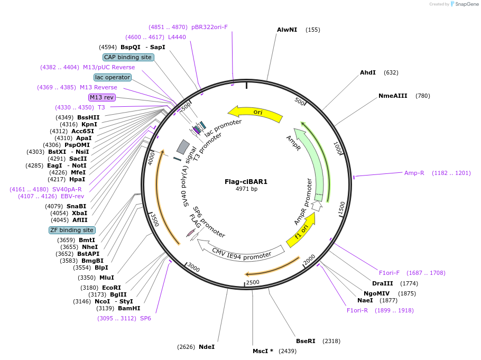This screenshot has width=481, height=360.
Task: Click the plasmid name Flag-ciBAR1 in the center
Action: pyautogui.click(x=246, y=181)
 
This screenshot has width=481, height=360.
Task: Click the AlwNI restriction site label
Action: pyautogui.click(x=287, y=30)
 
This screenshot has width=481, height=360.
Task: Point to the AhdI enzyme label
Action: pyautogui.click(x=368, y=72)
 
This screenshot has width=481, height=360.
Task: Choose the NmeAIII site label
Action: pyautogui.click(x=393, y=96)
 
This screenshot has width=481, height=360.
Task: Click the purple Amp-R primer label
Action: pyautogui.click(x=414, y=173)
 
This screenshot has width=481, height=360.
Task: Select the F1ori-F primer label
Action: pyautogui.click(x=390, y=273)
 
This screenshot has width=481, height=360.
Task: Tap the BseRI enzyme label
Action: pyautogui.click(x=306, y=341)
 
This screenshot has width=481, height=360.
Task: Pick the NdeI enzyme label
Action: pyautogui.click(x=207, y=347)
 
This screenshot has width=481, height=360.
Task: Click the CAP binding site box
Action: pyautogui.click(x=128, y=57)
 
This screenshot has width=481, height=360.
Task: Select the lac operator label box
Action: pyautogui.click(x=113, y=77)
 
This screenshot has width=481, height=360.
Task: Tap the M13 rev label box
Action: pyautogui.click(x=101, y=97)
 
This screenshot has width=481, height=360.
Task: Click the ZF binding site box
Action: pyautogui.click(x=72, y=230)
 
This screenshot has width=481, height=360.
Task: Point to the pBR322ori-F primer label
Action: pyautogui.click(x=209, y=27)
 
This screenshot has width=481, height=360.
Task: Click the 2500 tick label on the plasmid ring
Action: pyautogui.click(x=253, y=282)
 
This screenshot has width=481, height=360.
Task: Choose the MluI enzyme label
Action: pyautogui.click(x=107, y=278)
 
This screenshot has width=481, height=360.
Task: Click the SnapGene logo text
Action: pyautogui.click(x=467, y=4)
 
